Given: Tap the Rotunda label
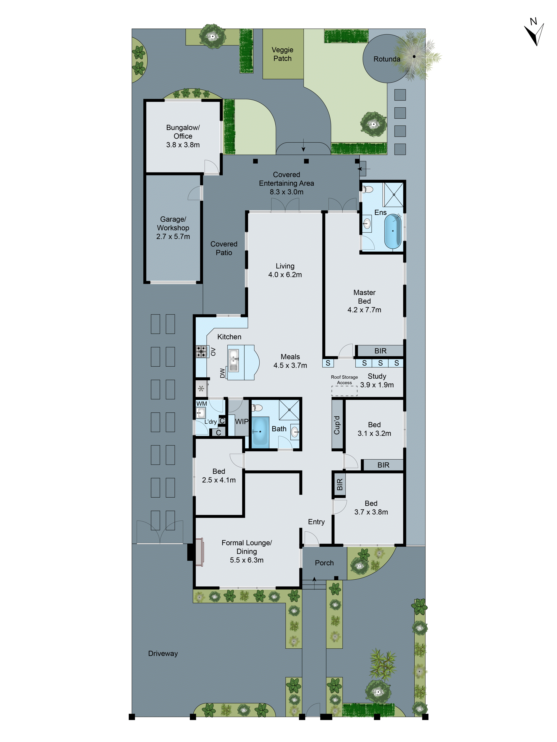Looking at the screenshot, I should pyautogui.click(x=386, y=59).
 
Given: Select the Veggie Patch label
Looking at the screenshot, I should pyautogui.click(x=282, y=54).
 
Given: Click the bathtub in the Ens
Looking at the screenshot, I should pyautogui.click(x=392, y=231).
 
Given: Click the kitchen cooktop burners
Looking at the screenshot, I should pyautogui.click(x=201, y=352).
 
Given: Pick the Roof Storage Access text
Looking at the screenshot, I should pyautogui.click(x=344, y=380).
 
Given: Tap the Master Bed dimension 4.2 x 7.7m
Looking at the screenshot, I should pyautogui.click(x=364, y=310).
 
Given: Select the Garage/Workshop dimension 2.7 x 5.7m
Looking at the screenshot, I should pyautogui.click(x=173, y=236).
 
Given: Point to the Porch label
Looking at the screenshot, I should pyautogui.click(x=324, y=563).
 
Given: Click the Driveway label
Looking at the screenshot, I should pyautogui.click(x=163, y=653).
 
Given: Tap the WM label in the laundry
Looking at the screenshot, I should pyautogui.click(x=201, y=404).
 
